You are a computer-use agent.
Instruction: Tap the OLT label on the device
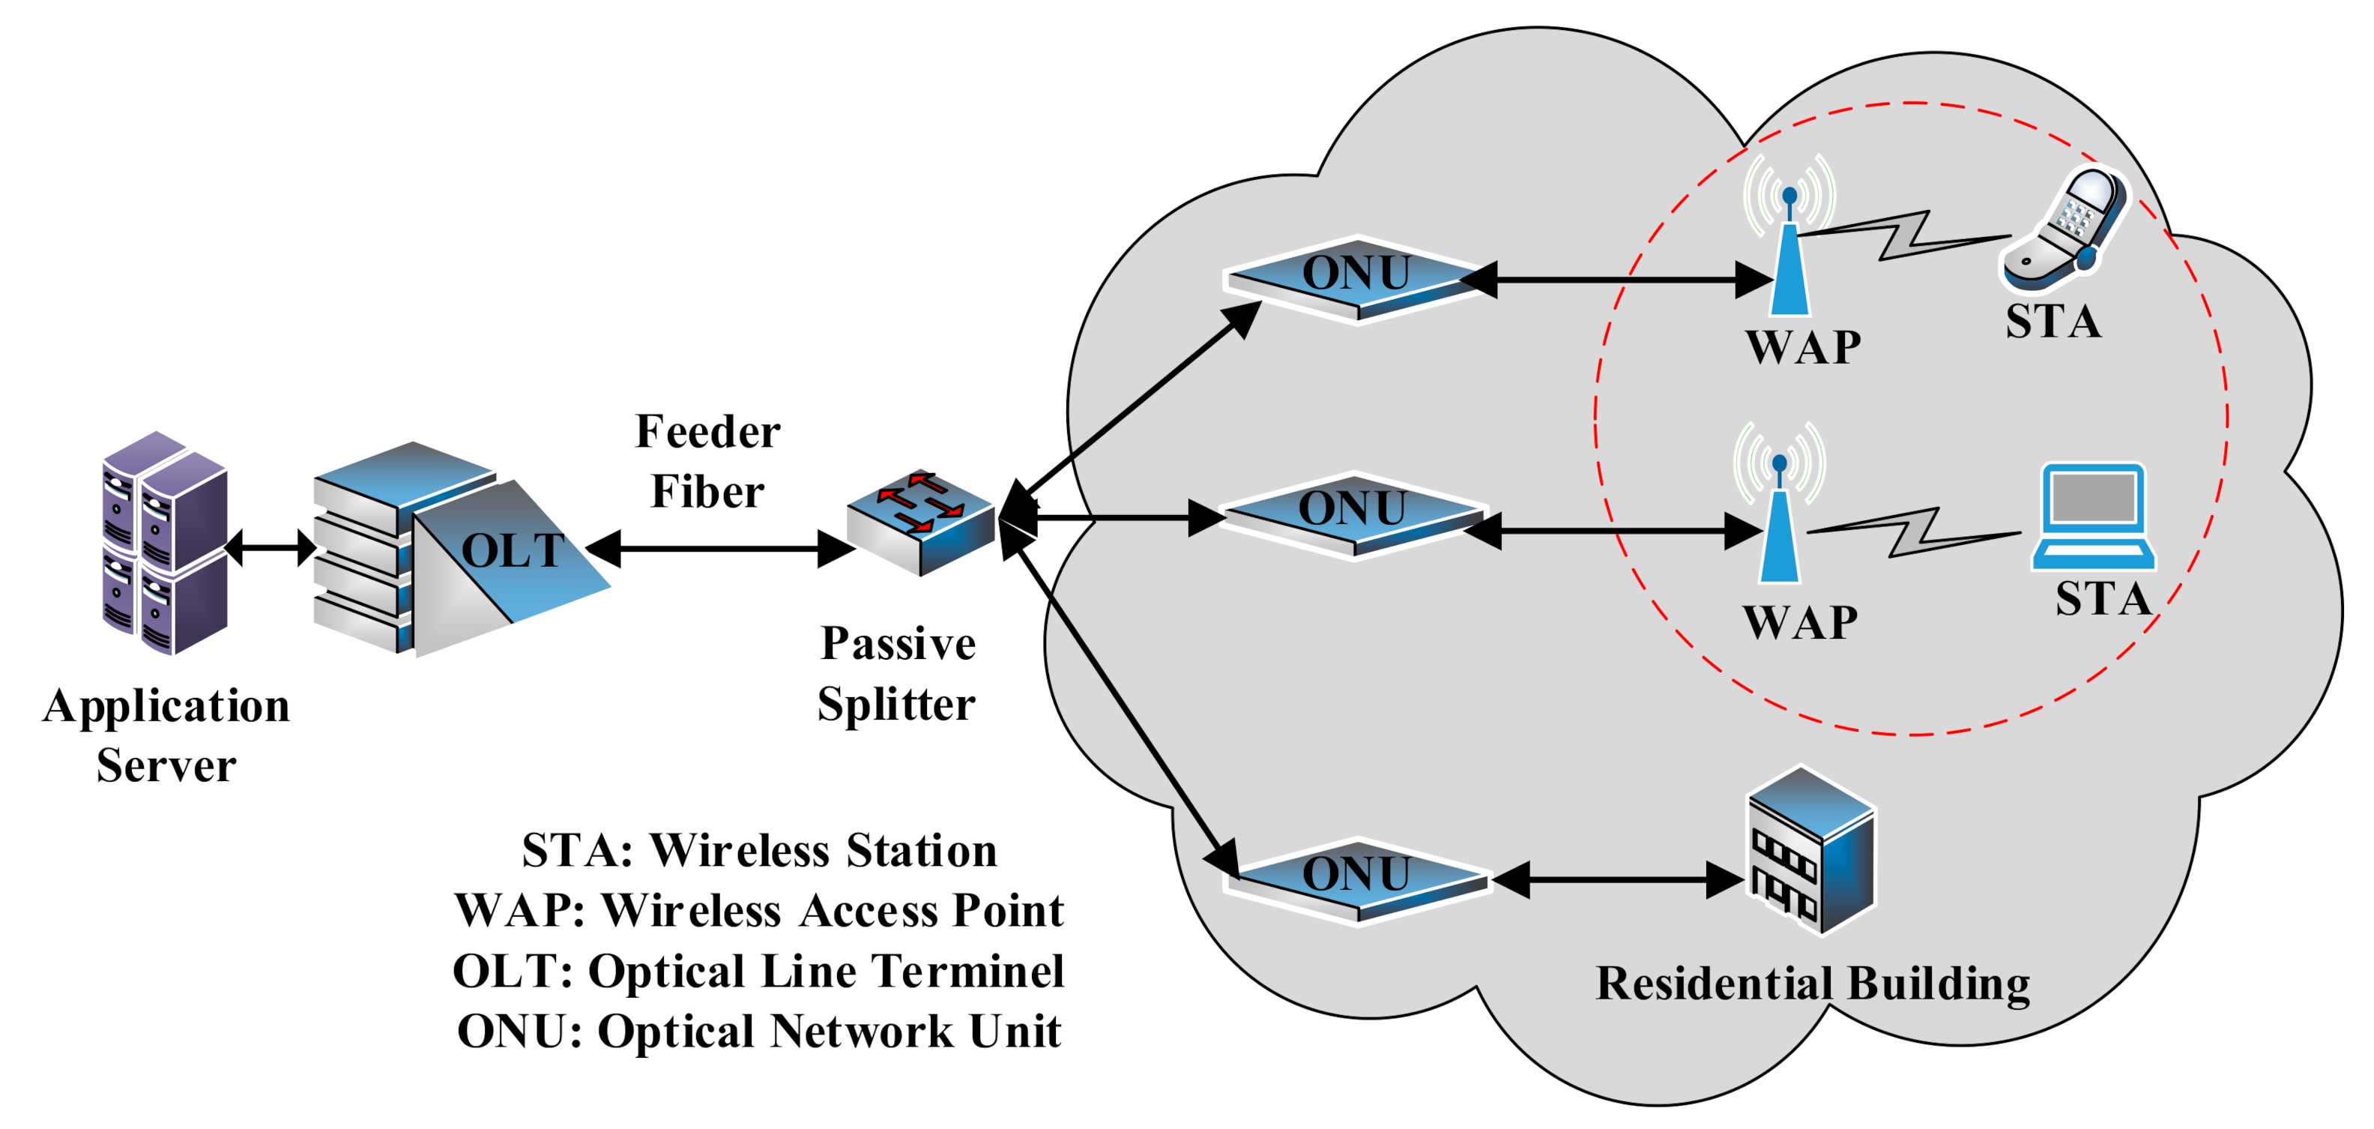(513, 550)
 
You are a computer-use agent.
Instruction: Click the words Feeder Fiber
(707, 462)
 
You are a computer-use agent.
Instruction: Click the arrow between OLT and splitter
(719, 550)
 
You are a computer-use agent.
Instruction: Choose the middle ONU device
(1353, 514)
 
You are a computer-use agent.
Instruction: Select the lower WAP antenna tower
(1780, 521)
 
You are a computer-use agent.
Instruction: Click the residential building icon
(1812, 849)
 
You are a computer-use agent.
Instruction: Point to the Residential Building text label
(1813, 984)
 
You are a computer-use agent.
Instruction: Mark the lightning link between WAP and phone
(1904, 237)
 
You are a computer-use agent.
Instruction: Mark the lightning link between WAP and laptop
(1913, 533)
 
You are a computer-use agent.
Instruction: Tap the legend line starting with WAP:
(758, 911)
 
